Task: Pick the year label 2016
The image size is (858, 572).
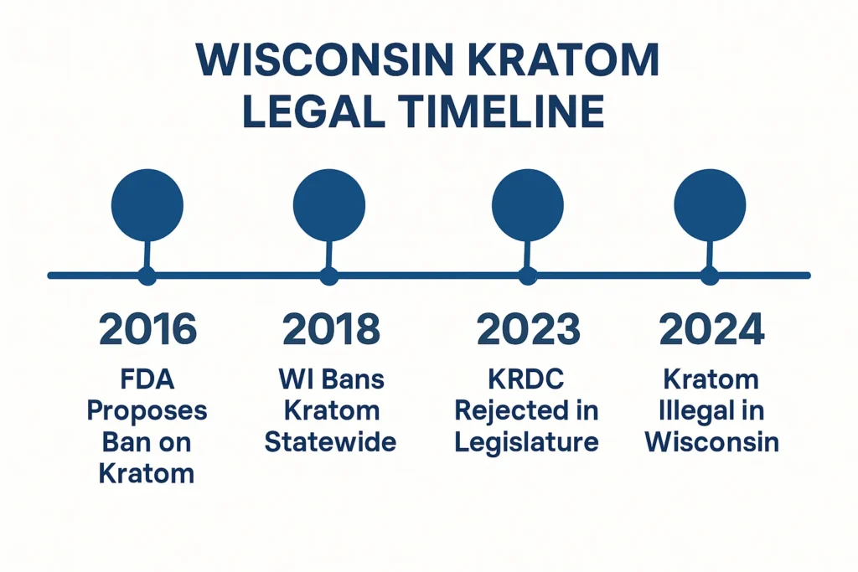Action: (x=147, y=330)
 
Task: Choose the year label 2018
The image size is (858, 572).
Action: (x=330, y=330)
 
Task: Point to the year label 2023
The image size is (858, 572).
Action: (x=528, y=330)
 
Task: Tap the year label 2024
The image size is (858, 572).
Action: (x=711, y=330)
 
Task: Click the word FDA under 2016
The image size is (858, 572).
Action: (x=147, y=379)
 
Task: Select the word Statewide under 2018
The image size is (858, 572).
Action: (x=330, y=442)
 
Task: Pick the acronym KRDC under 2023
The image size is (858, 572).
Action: (x=527, y=379)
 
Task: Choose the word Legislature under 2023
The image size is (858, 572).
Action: (x=527, y=442)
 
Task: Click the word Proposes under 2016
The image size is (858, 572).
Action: (x=147, y=410)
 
